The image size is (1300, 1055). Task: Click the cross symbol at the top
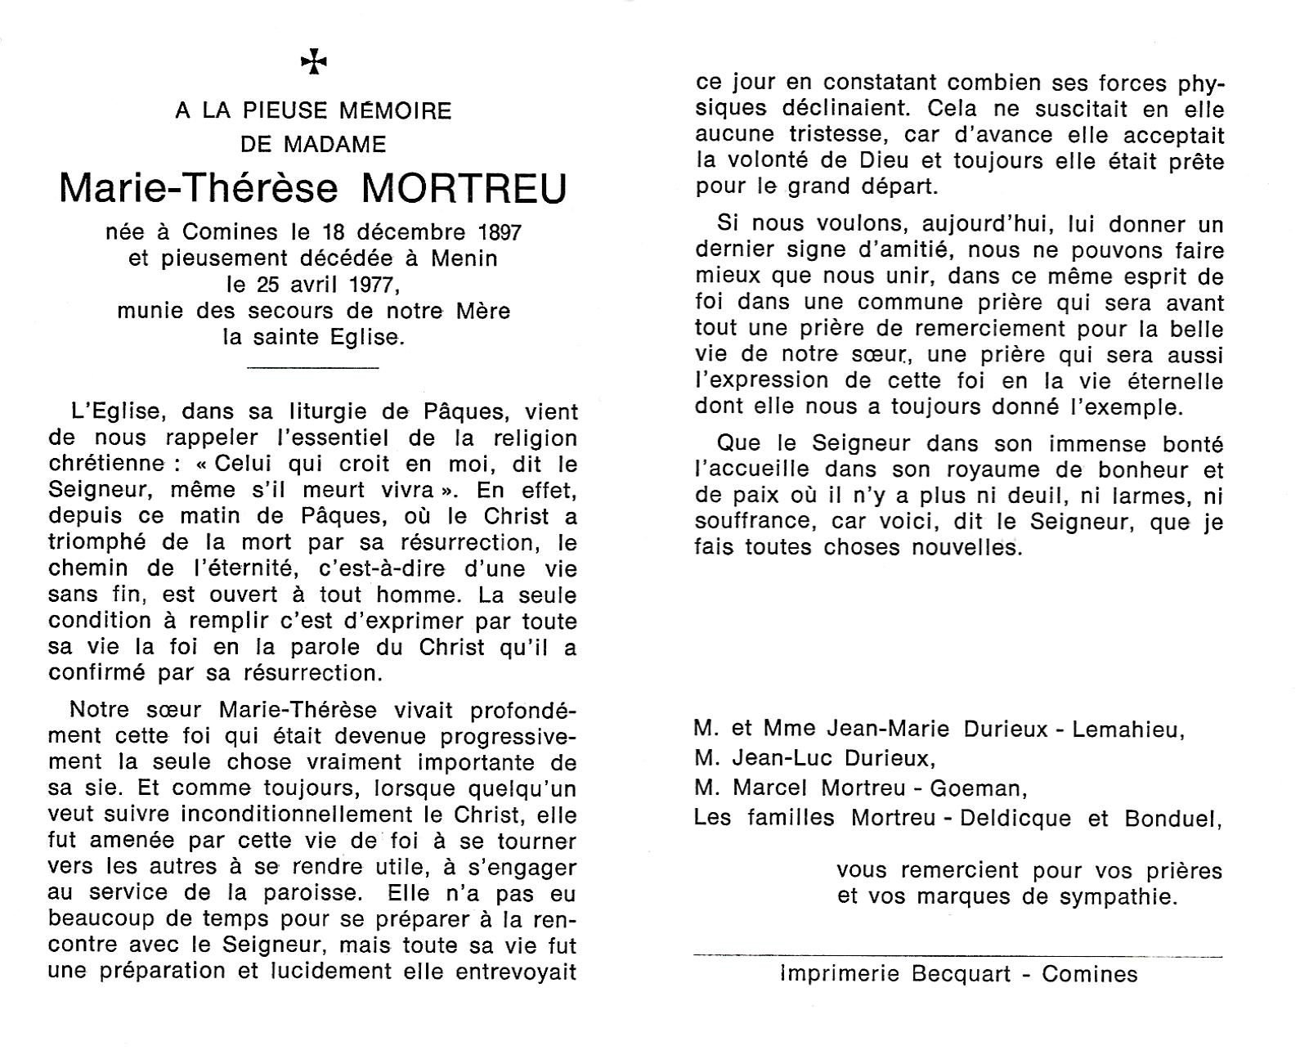tap(313, 61)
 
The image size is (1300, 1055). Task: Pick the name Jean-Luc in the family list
tap(782, 759)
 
